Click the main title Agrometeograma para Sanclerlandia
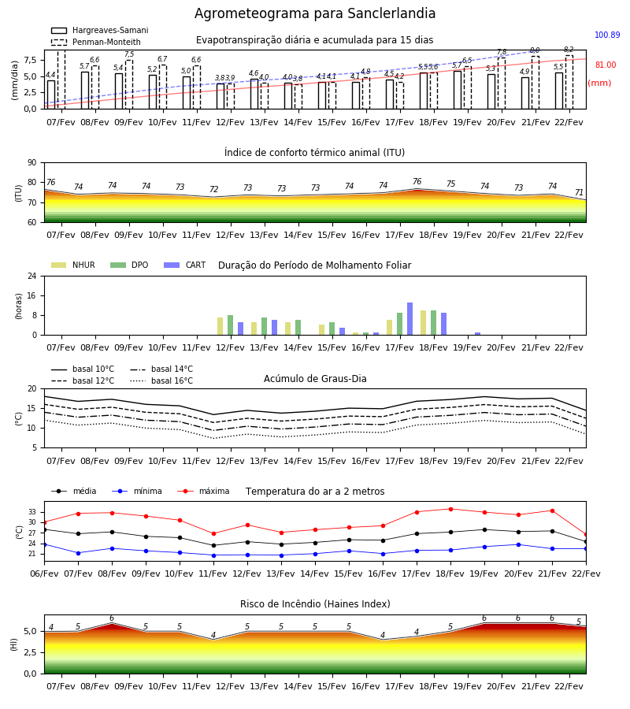[x=315, y=13]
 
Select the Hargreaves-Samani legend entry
[x=100, y=30]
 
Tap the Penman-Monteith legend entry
[x=96, y=42]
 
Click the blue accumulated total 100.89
[x=607, y=35]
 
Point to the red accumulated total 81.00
[x=606, y=65]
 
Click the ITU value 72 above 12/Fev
[x=213, y=189]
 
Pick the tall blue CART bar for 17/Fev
[x=410, y=319]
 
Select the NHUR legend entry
[x=73, y=265]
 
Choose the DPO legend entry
[x=129, y=265]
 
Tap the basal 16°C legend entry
[x=161, y=380]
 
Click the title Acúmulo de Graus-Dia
[x=315, y=378]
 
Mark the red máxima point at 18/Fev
[x=450, y=509]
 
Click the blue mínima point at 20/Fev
[x=518, y=545]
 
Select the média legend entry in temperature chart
[x=74, y=491]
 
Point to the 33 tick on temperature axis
[x=32, y=512]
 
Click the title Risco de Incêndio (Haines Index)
[x=315, y=603]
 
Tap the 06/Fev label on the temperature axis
[x=44, y=574]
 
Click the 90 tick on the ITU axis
[x=32, y=163]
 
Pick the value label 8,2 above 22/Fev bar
[x=569, y=50]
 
